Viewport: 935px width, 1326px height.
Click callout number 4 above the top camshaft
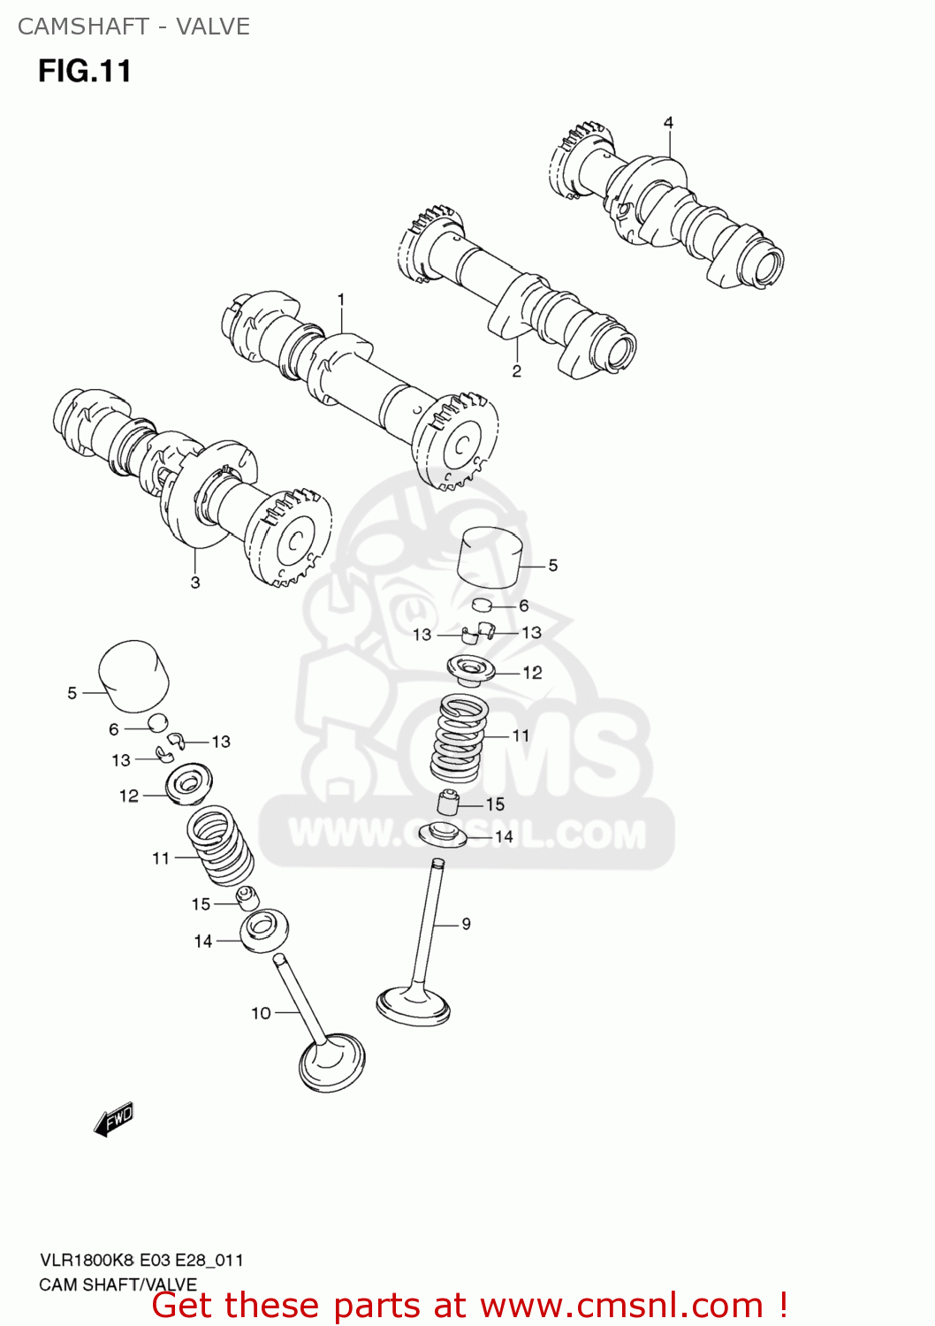pyautogui.click(x=668, y=123)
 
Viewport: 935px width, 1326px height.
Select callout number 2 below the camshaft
pyautogui.click(x=517, y=371)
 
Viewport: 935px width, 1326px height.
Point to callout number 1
pyautogui.click(x=341, y=301)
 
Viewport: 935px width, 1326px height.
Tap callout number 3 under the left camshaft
pyautogui.click(x=195, y=583)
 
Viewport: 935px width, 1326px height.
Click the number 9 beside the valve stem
pyautogui.click(x=466, y=924)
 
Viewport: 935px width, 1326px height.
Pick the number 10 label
pyautogui.click(x=261, y=1013)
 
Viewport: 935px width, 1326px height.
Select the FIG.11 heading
pyautogui.click(x=85, y=71)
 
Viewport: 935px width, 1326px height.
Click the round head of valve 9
pyautogui.click(x=414, y=1005)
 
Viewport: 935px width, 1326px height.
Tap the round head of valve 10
pyautogui.click(x=332, y=1064)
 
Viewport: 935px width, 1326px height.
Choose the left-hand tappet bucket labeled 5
pyautogui.click(x=133, y=676)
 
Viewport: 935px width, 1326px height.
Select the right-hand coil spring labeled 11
pyautogui.click(x=460, y=737)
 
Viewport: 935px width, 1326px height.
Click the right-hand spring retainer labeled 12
pyautogui.click(x=471, y=669)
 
